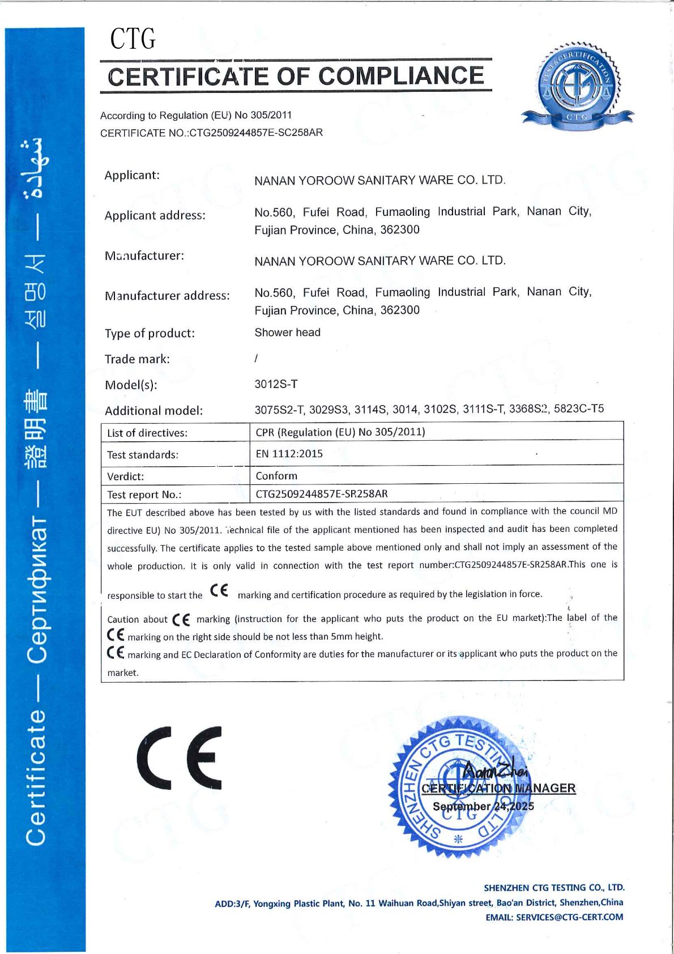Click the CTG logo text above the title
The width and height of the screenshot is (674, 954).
coord(133,39)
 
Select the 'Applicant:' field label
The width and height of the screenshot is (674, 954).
coord(132,175)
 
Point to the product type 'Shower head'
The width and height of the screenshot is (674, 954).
coord(287,333)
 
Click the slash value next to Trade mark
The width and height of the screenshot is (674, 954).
coord(256,358)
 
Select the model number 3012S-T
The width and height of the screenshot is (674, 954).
coord(276,384)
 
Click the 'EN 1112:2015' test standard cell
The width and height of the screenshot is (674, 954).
coord(289,454)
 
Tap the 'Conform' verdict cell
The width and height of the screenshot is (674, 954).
coord(276,476)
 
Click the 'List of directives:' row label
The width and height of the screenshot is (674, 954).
coord(147,433)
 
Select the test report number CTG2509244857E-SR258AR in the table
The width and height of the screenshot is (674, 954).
coord(322,493)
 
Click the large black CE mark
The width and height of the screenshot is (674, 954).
coord(180,757)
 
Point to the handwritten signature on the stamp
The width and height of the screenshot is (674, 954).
coord(494,770)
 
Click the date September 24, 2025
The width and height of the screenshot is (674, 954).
coord(483,806)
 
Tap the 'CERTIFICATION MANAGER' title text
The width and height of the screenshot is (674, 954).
coord(498,788)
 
